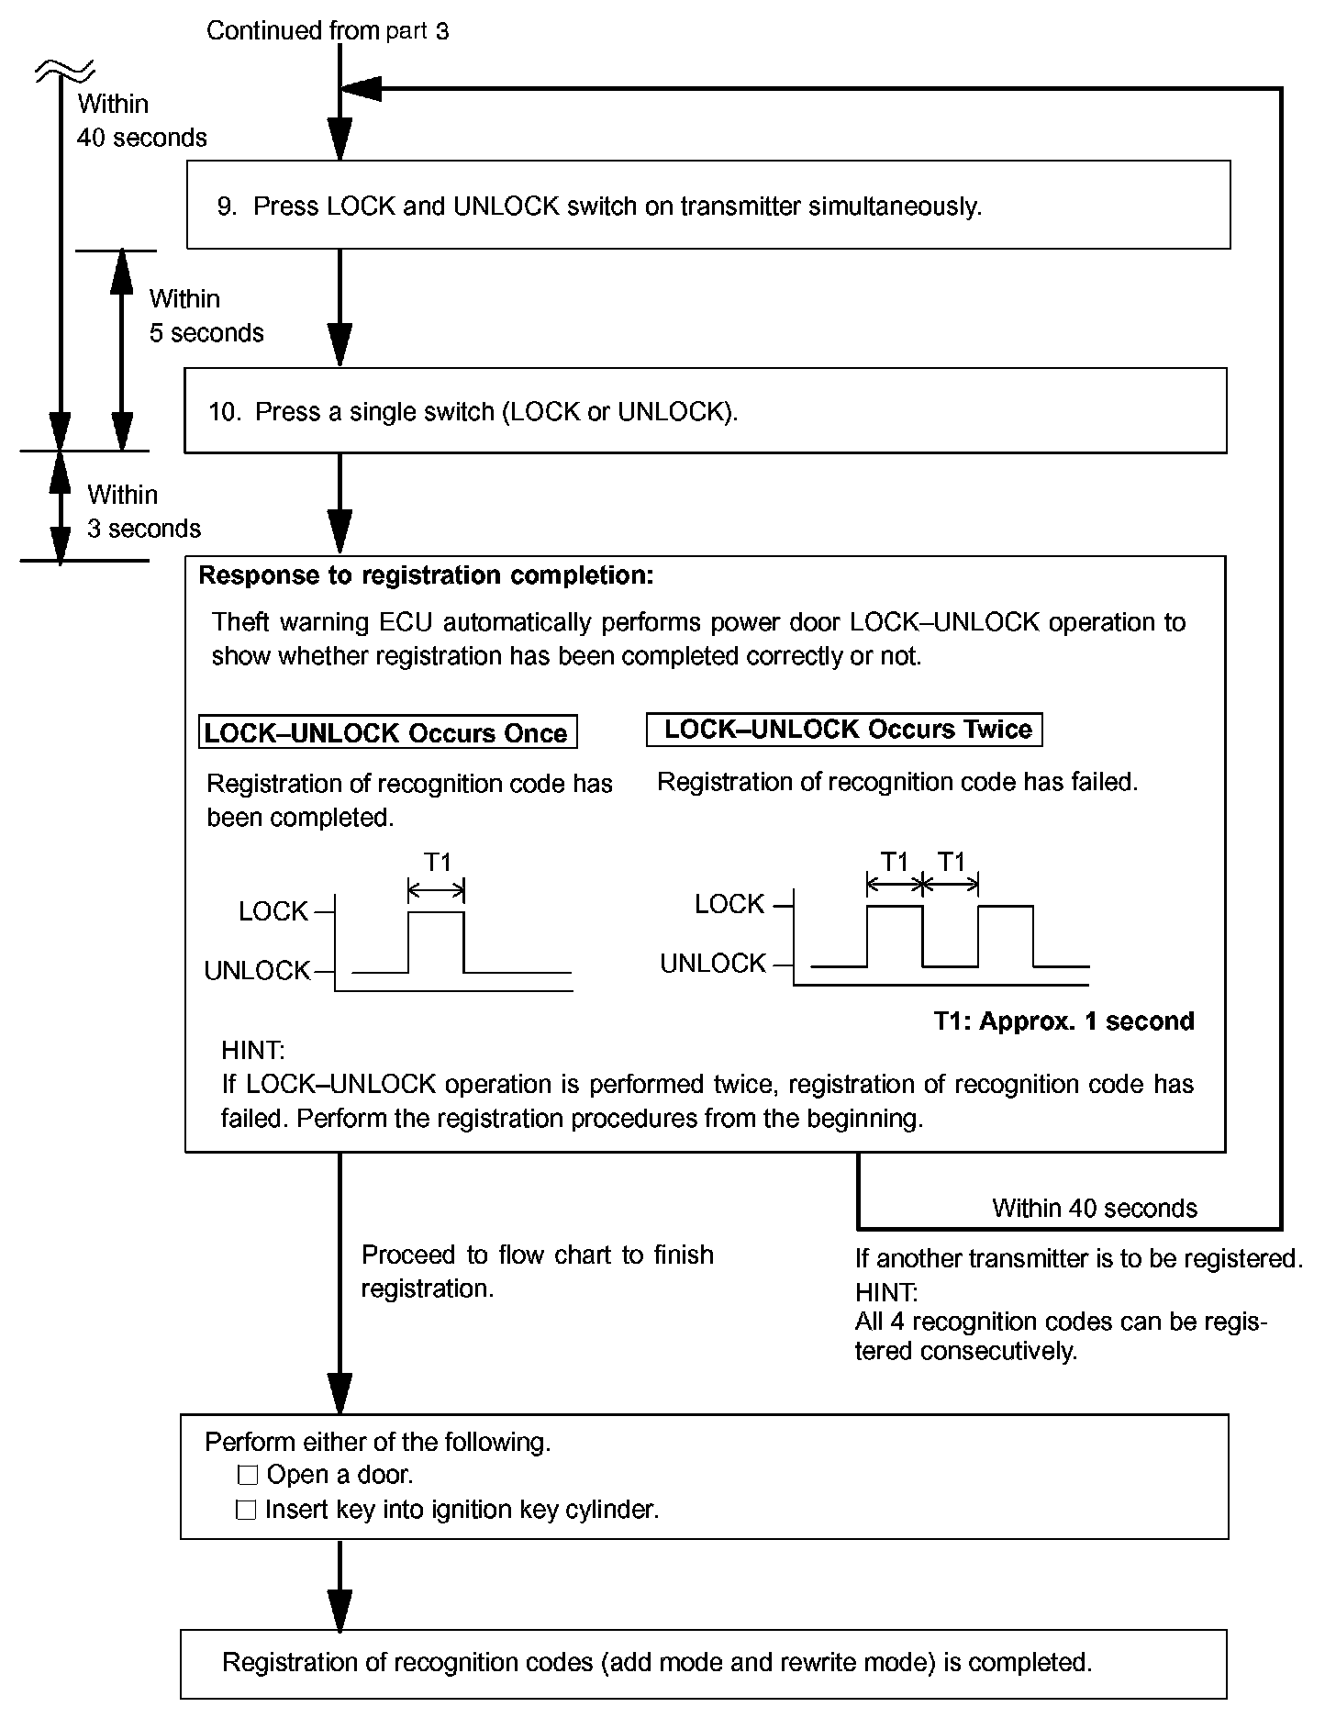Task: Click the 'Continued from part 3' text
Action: pyautogui.click(x=328, y=31)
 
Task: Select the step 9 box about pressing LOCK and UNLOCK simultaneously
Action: pyautogui.click(x=707, y=205)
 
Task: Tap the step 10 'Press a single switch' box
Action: pyautogui.click(x=705, y=411)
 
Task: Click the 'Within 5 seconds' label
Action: pyautogui.click(x=206, y=316)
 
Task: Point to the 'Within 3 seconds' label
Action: pyautogui.click(x=143, y=512)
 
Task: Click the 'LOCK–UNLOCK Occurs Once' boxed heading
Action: pyautogui.click(x=387, y=732)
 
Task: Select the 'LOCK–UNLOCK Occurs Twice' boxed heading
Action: pyautogui.click(x=844, y=730)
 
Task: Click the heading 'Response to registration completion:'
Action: pyautogui.click(x=426, y=575)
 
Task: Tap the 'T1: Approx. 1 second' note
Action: pyautogui.click(x=1063, y=1021)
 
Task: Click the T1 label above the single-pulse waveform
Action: pyautogui.click(x=438, y=863)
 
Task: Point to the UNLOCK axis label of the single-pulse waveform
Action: pyautogui.click(x=257, y=971)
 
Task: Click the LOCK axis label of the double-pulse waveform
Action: pyautogui.click(x=729, y=905)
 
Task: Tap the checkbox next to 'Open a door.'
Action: pyautogui.click(x=247, y=1476)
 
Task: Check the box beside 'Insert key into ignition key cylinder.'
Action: pyautogui.click(x=246, y=1510)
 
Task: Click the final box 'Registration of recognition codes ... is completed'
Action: pyautogui.click(x=703, y=1663)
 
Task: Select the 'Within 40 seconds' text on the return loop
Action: pyautogui.click(x=1094, y=1209)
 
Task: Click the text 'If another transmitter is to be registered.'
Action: pyautogui.click(x=1078, y=1258)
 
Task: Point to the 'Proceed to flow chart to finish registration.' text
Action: pyautogui.click(x=537, y=1271)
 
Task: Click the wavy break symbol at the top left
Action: pyautogui.click(x=64, y=70)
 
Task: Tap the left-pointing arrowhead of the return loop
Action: pyautogui.click(x=360, y=89)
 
